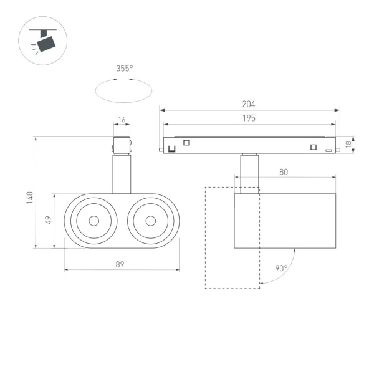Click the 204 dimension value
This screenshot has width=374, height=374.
(249, 105)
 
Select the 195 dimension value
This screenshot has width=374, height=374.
(249, 118)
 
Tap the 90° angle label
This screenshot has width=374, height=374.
(281, 269)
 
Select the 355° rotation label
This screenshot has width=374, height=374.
(124, 69)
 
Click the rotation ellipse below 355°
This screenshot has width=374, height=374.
(123, 91)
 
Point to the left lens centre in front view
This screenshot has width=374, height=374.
(93, 221)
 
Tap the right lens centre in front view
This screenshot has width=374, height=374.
(150, 221)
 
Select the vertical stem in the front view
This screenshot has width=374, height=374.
(121, 175)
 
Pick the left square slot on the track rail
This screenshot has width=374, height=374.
(186, 143)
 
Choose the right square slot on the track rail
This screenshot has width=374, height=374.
(314, 147)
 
